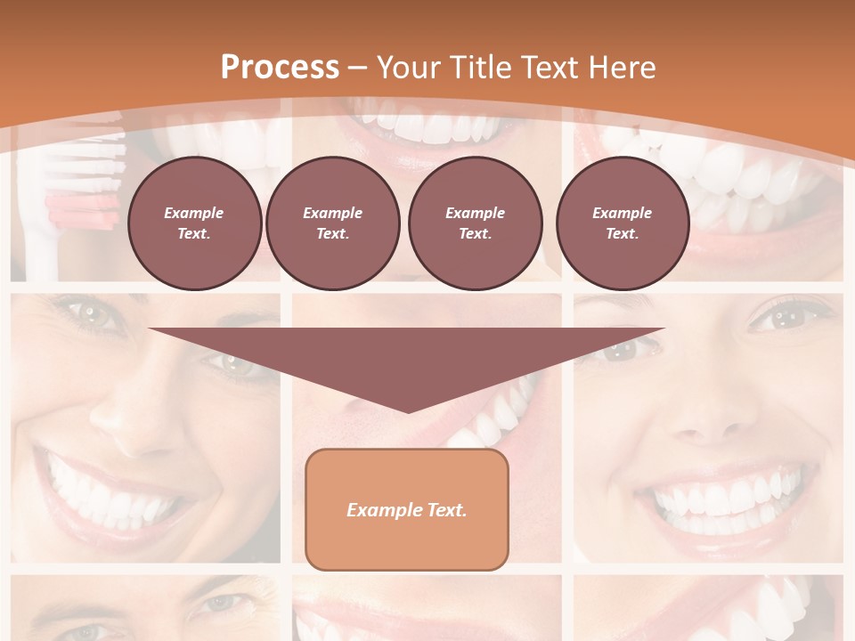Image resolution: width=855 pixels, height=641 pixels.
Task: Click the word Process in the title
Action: tap(280, 68)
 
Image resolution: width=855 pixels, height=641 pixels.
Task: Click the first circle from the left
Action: tap(194, 223)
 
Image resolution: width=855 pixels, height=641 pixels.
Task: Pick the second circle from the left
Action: tap(332, 223)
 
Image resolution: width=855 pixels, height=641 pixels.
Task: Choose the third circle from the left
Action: tap(475, 223)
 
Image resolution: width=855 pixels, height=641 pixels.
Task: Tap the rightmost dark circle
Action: tap(622, 223)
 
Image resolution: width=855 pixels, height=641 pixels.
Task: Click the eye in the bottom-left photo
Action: tap(218, 603)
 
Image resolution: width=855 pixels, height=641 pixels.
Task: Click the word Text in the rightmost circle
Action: tap(622, 234)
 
